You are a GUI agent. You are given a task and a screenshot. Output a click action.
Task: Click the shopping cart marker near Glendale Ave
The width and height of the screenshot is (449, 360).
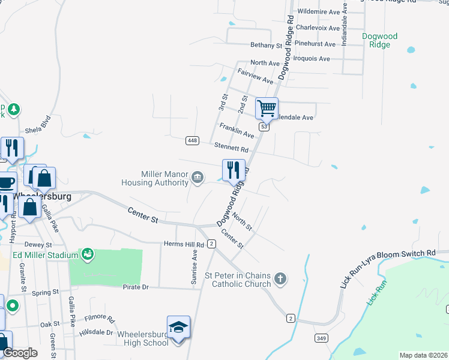click(x=267, y=109)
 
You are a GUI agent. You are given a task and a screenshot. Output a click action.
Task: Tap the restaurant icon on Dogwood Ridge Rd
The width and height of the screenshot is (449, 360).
click(x=234, y=170)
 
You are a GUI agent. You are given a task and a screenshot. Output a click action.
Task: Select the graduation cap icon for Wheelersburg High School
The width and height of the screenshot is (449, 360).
click(x=178, y=328)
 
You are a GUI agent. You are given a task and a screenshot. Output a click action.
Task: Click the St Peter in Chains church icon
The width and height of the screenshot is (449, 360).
click(x=279, y=278)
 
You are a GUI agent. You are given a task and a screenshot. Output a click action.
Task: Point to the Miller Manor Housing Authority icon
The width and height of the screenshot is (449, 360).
click(x=197, y=177)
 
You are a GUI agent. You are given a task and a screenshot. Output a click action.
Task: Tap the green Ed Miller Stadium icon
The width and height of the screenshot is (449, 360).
click(x=88, y=254)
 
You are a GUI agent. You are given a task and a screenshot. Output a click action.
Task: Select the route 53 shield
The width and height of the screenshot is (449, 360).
click(x=264, y=127)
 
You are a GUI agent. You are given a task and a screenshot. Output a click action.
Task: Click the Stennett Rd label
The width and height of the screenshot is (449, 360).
click(x=232, y=147)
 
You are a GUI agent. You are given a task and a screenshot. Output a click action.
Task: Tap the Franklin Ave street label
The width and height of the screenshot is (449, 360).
click(x=237, y=131)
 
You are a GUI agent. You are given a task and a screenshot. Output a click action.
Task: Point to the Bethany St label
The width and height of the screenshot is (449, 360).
click(x=266, y=45)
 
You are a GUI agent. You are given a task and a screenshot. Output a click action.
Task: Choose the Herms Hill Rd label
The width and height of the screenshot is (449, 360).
click(x=184, y=244)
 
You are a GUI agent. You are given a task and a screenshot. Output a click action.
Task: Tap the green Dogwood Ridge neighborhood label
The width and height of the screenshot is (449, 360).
click(x=379, y=40)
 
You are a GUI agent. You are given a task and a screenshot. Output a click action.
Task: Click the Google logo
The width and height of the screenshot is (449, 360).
click(x=20, y=353)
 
